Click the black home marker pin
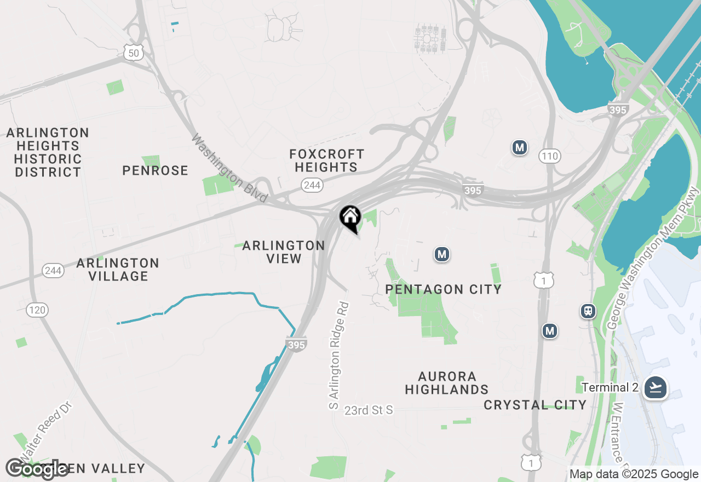350,218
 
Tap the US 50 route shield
134,52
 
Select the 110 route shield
549,157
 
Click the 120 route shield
37,311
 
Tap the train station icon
588,311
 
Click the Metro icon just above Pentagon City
442,254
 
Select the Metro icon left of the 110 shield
519,147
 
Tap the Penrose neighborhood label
155,170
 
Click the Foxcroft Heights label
326,160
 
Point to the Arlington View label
284,251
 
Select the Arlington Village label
118,269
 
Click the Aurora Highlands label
447,383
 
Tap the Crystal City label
535,405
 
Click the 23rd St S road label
369,410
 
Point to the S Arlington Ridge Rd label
338,355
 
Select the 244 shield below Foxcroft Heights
312,185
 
